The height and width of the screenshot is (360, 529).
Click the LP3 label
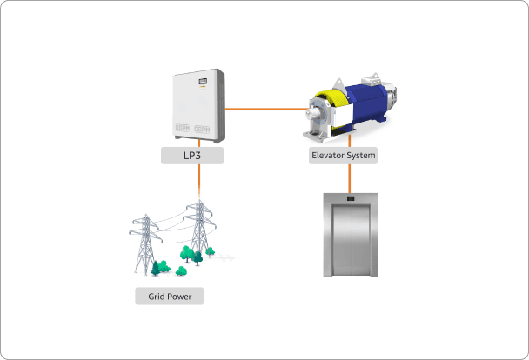pyautogui.click(x=192, y=156)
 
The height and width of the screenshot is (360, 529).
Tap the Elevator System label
pyautogui.click(x=343, y=156)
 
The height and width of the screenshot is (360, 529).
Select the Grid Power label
pyautogui.click(x=170, y=297)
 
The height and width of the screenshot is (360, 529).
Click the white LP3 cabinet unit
pyautogui.click(x=198, y=105)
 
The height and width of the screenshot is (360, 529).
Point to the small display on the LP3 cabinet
pyautogui.click(x=203, y=81)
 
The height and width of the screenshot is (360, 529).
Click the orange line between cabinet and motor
pyautogui.click(x=266, y=109)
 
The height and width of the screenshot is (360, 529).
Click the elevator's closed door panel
pyautogui.click(x=351, y=240)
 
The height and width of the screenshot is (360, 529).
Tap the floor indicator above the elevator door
pyautogui.click(x=351, y=198)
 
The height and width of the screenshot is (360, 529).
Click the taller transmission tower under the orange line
pyautogui.click(x=200, y=228)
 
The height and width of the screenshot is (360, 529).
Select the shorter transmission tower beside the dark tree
pyautogui.click(x=145, y=243)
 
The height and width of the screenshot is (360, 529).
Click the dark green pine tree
pyautogui.click(x=155, y=269)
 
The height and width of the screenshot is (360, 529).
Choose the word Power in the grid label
pyautogui.click(x=179, y=297)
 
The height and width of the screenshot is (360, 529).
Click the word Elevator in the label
pyautogui.click(x=325, y=156)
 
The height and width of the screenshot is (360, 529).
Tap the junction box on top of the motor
pyautogui.click(x=372, y=79)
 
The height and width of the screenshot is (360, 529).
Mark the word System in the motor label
pyautogui.click(x=358, y=156)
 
